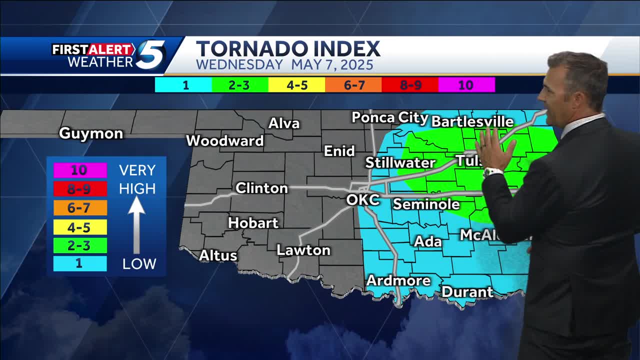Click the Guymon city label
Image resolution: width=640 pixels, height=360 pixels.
pyautogui.click(x=91, y=133)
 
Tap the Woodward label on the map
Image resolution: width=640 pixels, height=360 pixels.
pyautogui.click(x=224, y=141)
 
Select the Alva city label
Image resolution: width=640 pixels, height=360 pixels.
pyautogui.click(x=284, y=123)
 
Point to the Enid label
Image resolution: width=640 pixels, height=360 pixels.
pyautogui.click(x=339, y=151)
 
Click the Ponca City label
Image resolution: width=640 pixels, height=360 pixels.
pyautogui.click(x=390, y=117)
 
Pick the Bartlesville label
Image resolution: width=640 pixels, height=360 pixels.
pyautogui.click(x=472, y=121)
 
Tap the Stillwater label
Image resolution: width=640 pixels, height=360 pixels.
pyautogui.click(x=400, y=162)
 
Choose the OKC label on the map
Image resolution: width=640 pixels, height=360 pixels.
pyautogui.click(x=363, y=200)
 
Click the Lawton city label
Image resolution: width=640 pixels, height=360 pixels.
pyautogui.click(x=303, y=250)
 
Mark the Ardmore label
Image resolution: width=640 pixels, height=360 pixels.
pyautogui.click(x=398, y=280)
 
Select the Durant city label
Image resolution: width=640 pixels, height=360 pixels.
pyautogui.click(x=467, y=291)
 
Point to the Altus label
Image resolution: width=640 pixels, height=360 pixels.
pyautogui.click(x=218, y=255)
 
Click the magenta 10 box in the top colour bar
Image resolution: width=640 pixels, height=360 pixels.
pyautogui.click(x=466, y=85)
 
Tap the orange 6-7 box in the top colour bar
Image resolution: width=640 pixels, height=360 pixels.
pyautogui.click(x=353, y=85)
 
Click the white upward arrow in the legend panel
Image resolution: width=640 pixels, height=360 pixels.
pyautogui.click(x=136, y=225)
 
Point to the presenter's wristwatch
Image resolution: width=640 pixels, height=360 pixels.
pyautogui.click(x=493, y=171)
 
